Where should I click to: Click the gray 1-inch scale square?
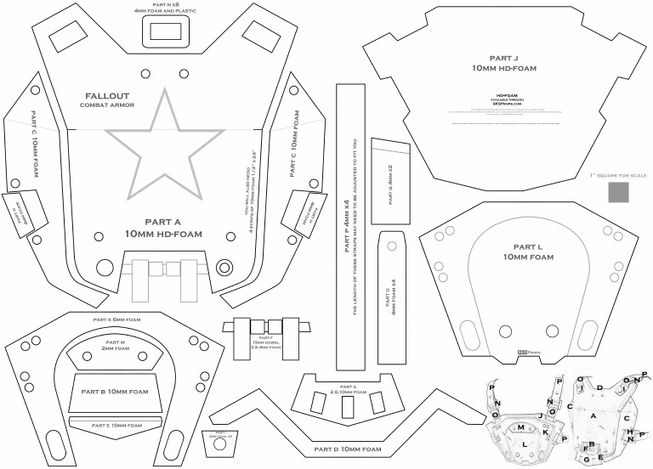click(619, 194)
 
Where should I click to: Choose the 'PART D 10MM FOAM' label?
click(348, 448)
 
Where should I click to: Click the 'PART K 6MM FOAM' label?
click(116, 319)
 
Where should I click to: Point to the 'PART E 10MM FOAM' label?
click(116, 424)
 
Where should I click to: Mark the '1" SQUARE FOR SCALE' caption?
click(618, 175)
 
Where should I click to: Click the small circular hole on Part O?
click(392, 245)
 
